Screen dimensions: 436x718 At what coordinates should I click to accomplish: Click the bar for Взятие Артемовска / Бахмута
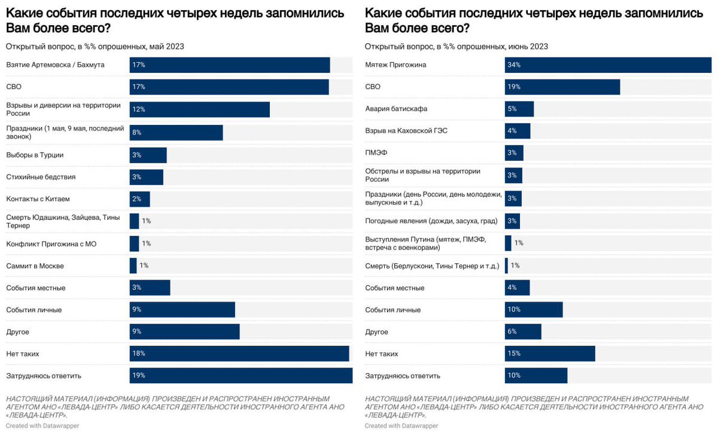coord(229,65)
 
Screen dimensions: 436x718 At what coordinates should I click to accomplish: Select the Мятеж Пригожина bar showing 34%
coord(608,65)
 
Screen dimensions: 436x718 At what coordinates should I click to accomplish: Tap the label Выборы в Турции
coord(35,155)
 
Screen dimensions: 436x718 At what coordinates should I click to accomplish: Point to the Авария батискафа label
coord(396,109)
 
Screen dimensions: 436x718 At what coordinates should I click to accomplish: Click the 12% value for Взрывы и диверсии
coord(139,109)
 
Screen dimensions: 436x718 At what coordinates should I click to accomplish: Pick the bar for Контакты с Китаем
coord(139,199)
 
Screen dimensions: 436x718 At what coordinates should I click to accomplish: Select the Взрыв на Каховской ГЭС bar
coord(518,131)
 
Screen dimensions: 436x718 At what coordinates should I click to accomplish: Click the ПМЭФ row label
coord(376,153)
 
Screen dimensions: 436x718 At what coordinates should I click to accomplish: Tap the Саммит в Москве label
coord(35,266)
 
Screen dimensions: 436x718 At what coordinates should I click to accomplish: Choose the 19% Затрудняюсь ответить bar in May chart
coord(241,376)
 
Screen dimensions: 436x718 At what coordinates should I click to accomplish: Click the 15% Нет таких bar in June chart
coord(550,353)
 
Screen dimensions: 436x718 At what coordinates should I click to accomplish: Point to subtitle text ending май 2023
coord(95,47)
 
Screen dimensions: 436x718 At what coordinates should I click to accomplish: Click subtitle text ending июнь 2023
coord(456,47)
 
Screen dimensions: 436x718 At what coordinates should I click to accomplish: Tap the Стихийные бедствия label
coord(41,177)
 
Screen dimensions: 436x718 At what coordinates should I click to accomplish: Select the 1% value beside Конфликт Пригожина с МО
coord(146,243)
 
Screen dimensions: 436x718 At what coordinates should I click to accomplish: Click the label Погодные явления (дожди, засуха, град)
coord(431,221)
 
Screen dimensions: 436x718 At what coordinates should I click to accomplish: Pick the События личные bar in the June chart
coord(534,310)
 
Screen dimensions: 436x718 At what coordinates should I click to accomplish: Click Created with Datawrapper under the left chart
coord(42,426)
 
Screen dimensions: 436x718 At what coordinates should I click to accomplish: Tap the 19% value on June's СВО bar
coord(514,87)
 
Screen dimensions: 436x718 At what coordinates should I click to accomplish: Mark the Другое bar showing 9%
coord(184,332)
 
